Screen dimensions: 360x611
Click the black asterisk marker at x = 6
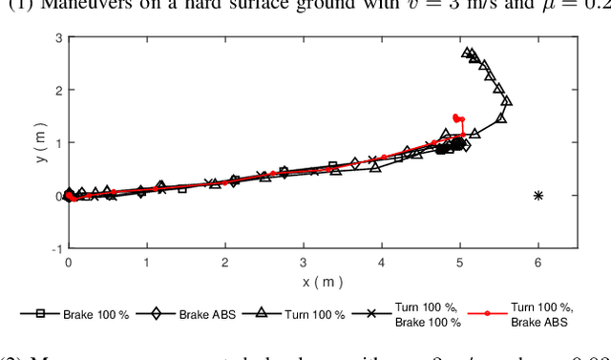pos(538,196)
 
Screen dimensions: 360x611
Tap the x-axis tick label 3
pos(304,262)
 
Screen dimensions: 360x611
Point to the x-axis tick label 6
pos(538,262)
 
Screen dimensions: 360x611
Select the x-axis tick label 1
pos(146,262)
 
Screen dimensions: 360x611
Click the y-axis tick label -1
pos(56,248)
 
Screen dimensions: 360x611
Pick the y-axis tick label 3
pos(58,38)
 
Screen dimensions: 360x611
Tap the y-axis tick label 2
pos(58,91)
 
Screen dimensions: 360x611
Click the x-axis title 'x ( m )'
pos(322,281)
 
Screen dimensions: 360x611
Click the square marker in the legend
pos(41,313)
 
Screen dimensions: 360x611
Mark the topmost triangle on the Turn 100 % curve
pos(467,53)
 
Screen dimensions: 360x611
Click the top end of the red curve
pos(456,116)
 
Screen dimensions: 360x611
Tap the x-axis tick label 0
pos(68,262)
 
